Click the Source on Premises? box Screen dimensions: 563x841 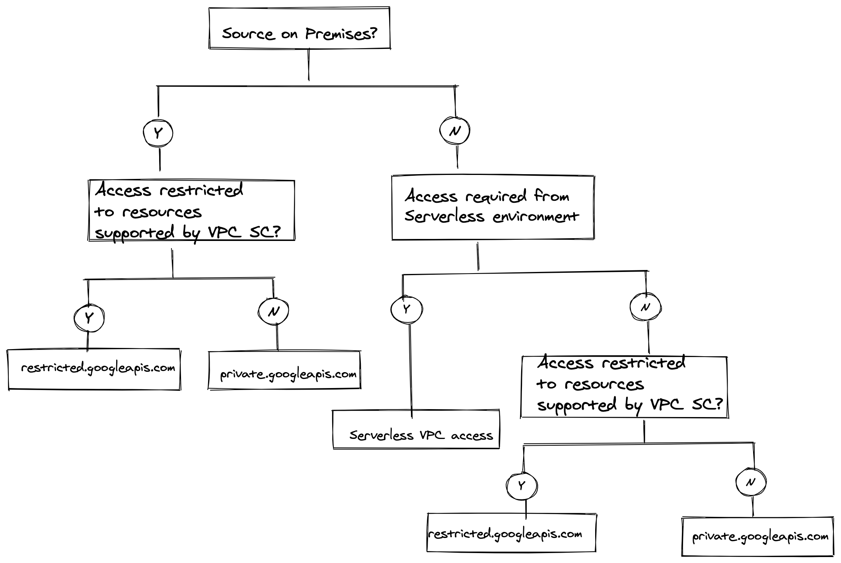[299, 28]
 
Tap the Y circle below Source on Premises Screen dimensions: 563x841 [158, 133]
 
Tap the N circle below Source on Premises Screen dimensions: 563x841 [455, 131]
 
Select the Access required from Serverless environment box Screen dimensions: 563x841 [493, 208]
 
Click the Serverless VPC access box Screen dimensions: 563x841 [416, 429]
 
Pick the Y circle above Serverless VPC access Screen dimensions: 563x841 [406, 309]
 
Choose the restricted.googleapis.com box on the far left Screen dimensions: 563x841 [94, 369]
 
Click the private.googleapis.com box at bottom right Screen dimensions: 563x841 [757, 536]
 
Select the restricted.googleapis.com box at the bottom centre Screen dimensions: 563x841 [511, 532]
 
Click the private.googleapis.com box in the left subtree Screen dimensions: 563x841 [284, 370]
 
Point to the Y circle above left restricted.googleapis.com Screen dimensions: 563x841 [89, 318]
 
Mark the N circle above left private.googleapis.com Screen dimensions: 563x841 [273, 311]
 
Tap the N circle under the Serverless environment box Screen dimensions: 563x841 [645, 307]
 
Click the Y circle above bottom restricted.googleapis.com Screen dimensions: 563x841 [522, 485]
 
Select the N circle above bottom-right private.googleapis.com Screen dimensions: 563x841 [751, 482]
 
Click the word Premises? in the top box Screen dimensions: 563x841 [341, 34]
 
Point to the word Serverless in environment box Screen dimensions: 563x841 [444, 217]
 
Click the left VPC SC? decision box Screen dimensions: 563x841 [191, 210]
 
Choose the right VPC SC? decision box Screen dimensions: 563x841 [624, 387]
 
